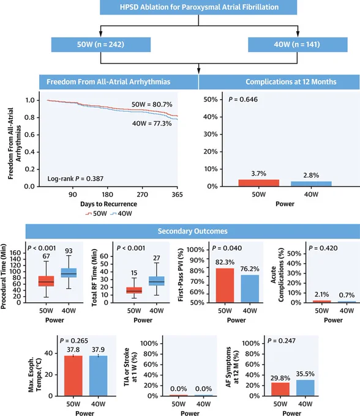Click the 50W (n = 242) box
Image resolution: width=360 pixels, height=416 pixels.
tap(101, 44)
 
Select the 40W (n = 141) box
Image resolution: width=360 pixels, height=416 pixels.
tap(298, 44)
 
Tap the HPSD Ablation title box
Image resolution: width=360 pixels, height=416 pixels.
tap(198, 7)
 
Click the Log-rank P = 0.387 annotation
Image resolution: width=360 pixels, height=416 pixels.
tap(75, 179)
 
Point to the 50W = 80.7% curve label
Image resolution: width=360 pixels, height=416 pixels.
tap(152, 104)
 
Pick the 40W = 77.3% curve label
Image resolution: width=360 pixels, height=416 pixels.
tap(152, 124)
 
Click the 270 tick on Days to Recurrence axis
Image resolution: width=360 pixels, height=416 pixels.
tap(142, 195)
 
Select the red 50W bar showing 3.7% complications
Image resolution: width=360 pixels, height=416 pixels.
tap(259, 183)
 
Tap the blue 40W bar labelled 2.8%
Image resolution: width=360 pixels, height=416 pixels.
tap(311, 184)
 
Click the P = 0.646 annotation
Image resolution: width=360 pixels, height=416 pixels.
tap(243, 100)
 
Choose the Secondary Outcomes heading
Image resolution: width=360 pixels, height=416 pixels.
tap(193, 231)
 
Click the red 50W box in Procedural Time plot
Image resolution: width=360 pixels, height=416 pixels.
tap(46, 281)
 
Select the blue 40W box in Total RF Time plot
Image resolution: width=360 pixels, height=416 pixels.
tap(157, 281)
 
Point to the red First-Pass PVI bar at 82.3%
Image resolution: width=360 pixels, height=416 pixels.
tap(225, 285)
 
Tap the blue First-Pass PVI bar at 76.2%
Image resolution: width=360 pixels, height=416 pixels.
tap(250, 289)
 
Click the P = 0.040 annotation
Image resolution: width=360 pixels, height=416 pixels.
tap(227, 248)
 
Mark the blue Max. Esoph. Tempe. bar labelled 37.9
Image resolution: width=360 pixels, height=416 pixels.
tap(98, 376)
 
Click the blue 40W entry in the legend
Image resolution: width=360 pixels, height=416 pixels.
tap(121, 214)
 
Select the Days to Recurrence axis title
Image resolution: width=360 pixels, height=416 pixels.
tap(108, 204)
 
